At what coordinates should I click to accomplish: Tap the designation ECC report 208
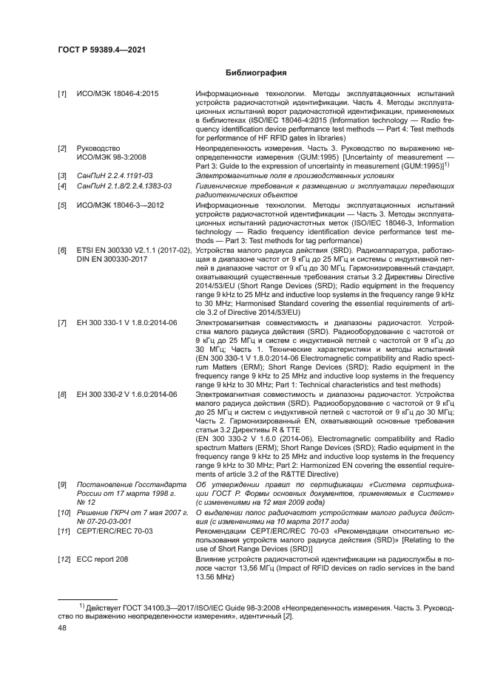104,558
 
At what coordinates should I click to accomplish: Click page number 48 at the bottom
64,627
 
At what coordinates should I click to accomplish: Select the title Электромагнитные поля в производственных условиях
278,176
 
